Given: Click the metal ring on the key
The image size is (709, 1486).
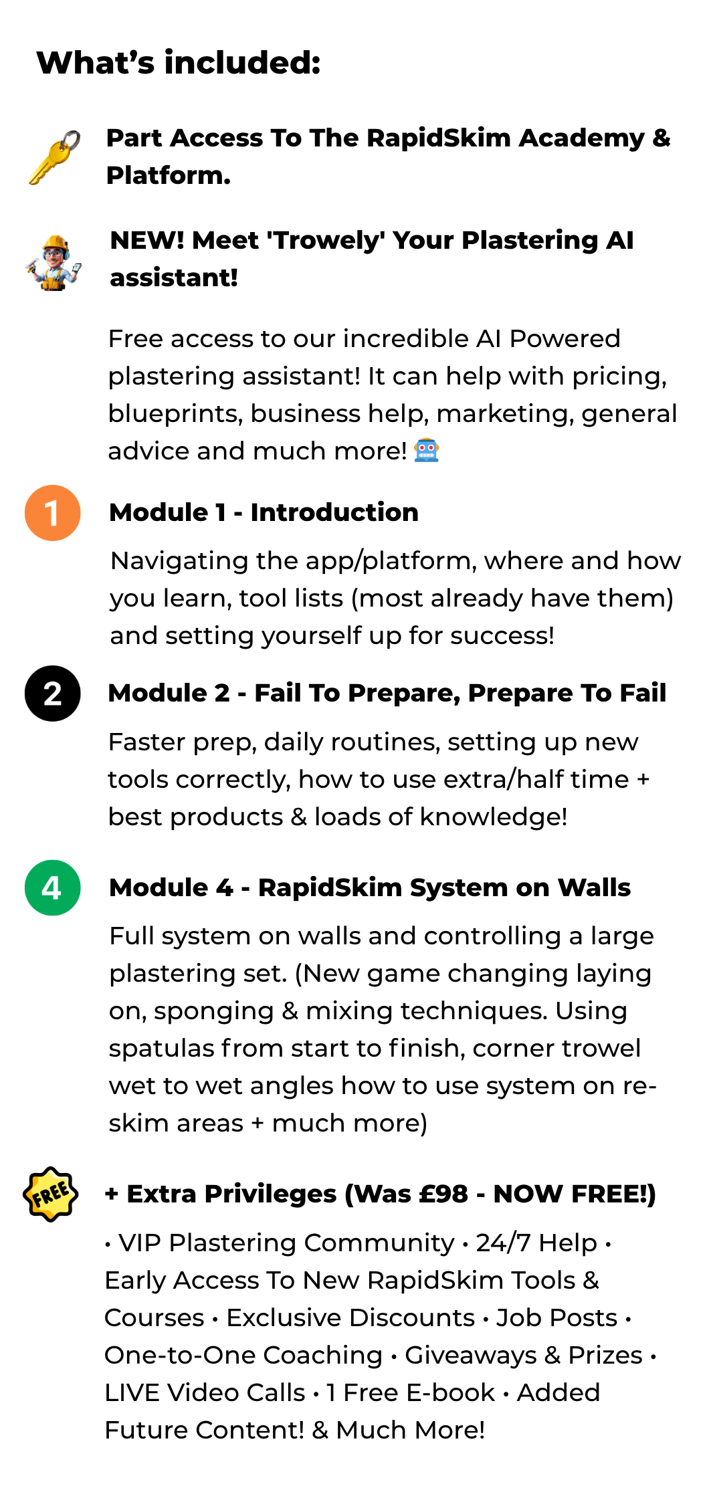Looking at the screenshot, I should [70, 142].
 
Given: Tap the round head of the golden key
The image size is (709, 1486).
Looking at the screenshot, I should [60, 154].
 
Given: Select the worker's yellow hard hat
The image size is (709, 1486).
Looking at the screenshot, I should [56, 242].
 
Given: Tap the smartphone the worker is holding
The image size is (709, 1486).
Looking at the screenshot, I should [77, 268].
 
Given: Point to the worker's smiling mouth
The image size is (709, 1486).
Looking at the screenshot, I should [54, 261].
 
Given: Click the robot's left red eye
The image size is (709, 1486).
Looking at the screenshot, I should [421, 447].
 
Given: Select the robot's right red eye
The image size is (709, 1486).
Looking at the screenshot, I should [431, 447].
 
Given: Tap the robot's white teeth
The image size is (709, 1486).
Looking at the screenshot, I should [426, 455].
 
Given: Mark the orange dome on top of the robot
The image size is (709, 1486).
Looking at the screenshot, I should [426, 439].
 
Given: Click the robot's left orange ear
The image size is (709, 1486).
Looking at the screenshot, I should [415, 447].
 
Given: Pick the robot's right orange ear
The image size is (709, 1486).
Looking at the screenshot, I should [437, 447].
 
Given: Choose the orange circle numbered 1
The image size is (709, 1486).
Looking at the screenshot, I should [52, 513].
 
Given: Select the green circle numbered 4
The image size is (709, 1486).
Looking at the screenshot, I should [52, 887].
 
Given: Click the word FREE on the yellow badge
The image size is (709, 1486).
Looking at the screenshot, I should [50, 1194].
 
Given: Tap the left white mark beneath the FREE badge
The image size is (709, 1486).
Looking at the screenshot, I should [35, 1216].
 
